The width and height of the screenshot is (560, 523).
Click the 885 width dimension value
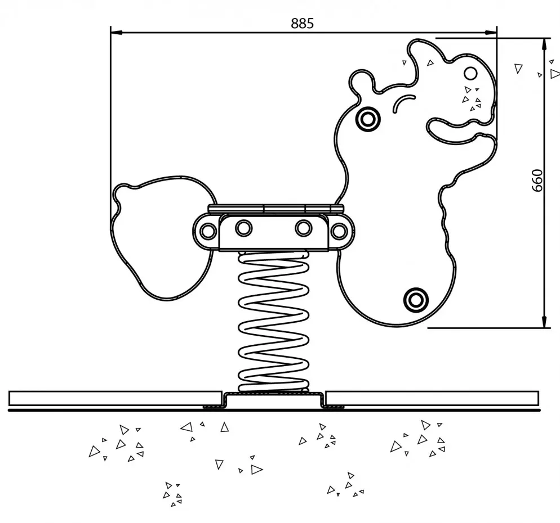[302, 24]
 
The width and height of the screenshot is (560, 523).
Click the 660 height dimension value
[537, 180]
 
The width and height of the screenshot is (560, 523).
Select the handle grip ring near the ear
[368, 119]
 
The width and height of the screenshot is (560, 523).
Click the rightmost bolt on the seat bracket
[339, 231]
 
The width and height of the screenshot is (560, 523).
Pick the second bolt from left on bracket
[243, 228]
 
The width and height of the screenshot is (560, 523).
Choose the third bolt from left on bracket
[304, 228]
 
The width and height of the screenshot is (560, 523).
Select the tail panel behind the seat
[158, 236]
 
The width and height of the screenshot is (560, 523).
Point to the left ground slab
[113, 398]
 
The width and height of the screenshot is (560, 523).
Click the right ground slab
[433, 398]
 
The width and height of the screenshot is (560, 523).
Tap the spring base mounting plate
[275, 400]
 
